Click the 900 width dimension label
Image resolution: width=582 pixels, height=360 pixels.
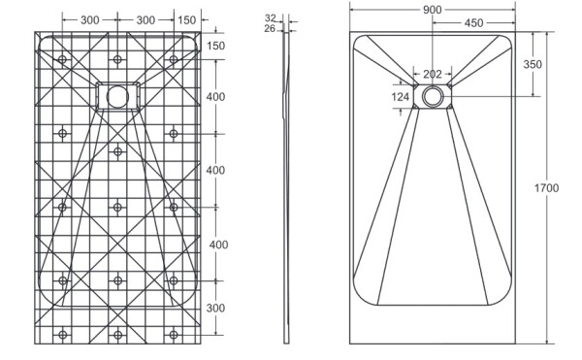[432, 10]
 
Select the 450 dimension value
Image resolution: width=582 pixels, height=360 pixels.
[473, 23]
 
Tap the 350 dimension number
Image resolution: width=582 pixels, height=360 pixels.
[533, 64]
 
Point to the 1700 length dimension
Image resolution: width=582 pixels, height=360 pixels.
[546, 188]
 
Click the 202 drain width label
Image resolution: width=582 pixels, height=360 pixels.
[433, 74]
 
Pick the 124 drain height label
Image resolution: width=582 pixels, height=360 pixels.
[400, 97]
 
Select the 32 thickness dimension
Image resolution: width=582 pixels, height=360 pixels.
[271, 17]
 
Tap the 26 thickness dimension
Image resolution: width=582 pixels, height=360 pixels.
[270, 28]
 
